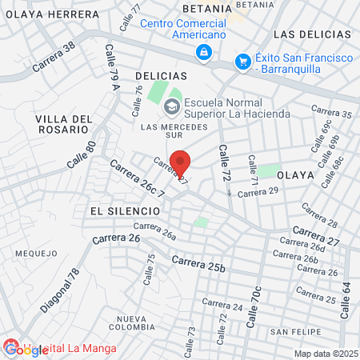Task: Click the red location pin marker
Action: (182, 162)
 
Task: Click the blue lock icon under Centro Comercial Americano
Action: (204, 52)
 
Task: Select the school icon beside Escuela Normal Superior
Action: (171, 106)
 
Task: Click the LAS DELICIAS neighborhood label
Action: (312, 34)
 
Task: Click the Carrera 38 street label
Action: (54, 57)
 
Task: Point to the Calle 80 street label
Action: (81, 154)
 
